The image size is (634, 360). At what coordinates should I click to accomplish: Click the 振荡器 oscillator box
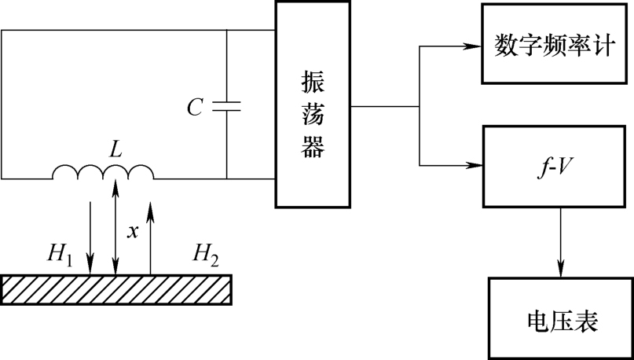(x=313, y=105)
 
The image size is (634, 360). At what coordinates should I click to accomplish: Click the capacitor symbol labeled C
(x=227, y=106)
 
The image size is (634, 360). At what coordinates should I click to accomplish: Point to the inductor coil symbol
(x=103, y=172)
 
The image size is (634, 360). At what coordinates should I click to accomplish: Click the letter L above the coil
(x=115, y=150)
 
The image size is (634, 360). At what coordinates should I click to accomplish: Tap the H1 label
(x=60, y=253)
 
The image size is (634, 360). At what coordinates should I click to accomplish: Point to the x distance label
(x=133, y=231)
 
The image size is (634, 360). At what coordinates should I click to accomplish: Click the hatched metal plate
(x=117, y=288)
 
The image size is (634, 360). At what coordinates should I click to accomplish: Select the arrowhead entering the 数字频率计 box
(x=475, y=45)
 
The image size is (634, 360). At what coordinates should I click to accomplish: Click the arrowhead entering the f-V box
(x=475, y=165)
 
